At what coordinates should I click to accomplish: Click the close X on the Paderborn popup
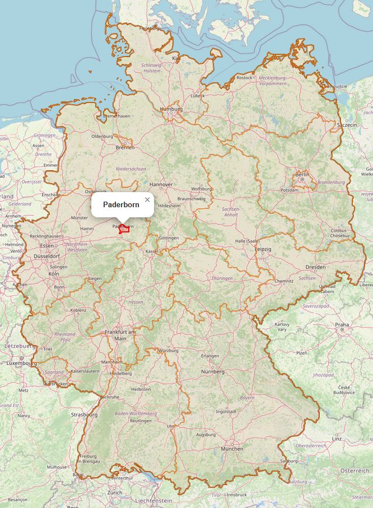147,199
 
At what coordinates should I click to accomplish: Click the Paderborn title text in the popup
121,205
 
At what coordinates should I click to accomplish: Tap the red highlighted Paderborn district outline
124,229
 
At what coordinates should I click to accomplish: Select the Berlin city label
302,175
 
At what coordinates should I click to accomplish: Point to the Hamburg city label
171,109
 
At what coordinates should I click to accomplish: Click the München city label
232,449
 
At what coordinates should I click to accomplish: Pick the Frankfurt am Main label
120,335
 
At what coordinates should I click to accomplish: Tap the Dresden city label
315,267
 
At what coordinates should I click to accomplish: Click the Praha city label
342,324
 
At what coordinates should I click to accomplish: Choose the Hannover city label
161,184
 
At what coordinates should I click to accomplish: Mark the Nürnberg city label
213,371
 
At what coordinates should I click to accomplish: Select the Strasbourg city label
84,415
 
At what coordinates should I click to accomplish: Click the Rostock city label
245,78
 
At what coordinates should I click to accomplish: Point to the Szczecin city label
347,124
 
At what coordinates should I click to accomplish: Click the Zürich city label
114,492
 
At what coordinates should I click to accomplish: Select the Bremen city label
125,147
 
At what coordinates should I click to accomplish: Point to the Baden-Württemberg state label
132,413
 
